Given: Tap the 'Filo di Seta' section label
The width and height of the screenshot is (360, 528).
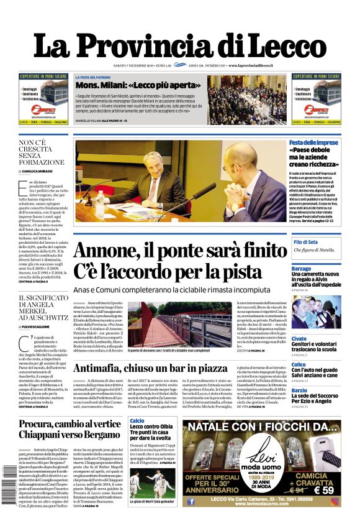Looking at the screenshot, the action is [323, 241].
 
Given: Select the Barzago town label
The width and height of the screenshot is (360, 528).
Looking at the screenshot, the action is [318, 268].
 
